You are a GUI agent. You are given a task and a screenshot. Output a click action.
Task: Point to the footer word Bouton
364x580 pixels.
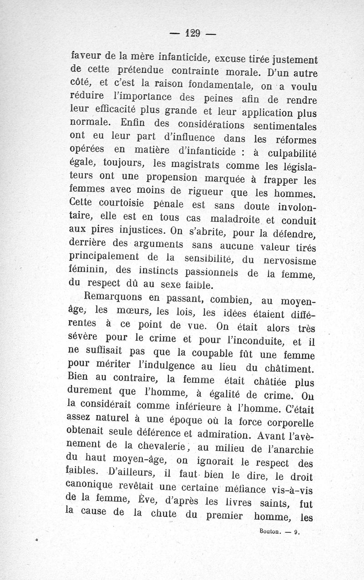click(x=271, y=530)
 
